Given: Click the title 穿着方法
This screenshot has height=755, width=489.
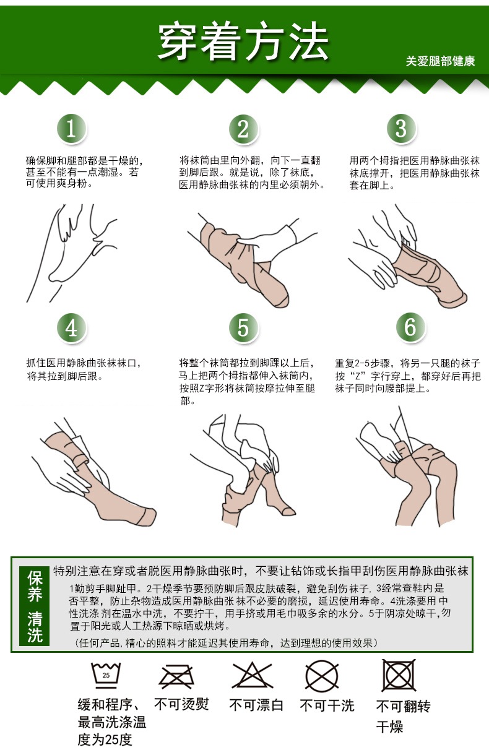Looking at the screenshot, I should tap(243, 42).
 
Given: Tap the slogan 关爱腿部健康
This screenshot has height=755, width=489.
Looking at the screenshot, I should tap(440, 61).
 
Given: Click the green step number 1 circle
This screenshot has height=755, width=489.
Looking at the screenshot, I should tap(72, 129).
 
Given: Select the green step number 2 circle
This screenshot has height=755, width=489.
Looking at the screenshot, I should tap(243, 129).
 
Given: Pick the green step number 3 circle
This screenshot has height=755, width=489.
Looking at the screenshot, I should tap(401, 129).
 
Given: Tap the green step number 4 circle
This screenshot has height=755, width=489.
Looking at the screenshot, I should tap(72, 327).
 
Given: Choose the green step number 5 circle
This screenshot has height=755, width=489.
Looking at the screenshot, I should tap(243, 327).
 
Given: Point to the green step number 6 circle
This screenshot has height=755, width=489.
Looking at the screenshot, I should tap(410, 327).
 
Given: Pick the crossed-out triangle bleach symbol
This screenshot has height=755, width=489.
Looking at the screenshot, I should tap(253, 676).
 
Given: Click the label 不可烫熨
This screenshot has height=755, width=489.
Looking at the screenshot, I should tap(181, 705).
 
